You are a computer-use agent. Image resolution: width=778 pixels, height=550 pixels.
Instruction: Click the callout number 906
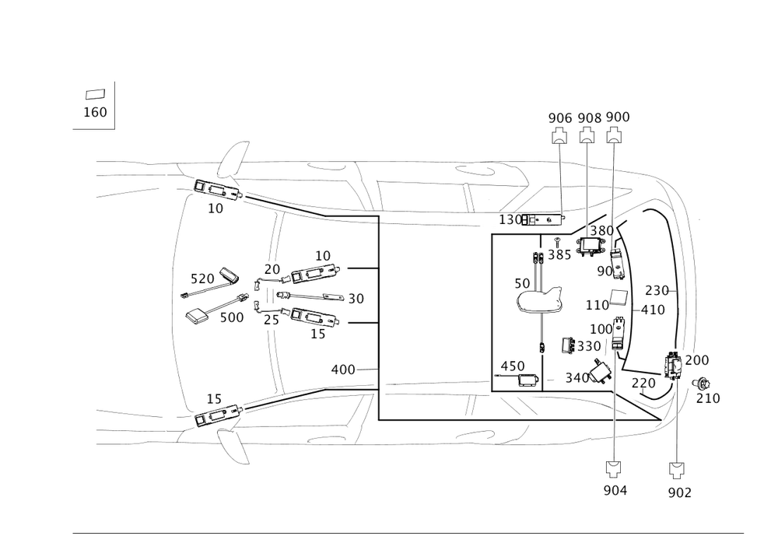[x=560, y=117]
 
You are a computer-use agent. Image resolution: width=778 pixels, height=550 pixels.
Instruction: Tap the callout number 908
[x=590, y=117]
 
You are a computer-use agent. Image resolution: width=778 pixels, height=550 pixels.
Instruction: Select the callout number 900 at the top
[x=618, y=117]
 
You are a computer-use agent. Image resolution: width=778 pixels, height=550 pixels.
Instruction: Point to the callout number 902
[x=679, y=492]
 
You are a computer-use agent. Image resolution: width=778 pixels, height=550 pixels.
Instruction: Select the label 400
[x=343, y=370]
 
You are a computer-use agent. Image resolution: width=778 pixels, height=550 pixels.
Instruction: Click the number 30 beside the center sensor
[x=356, y=298]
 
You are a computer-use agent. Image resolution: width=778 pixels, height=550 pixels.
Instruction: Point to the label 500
[x=231, y=317]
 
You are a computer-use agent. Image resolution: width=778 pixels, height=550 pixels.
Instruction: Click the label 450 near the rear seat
[x=512, y=366]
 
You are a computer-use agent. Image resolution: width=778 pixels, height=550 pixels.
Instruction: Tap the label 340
[x=577, y=378]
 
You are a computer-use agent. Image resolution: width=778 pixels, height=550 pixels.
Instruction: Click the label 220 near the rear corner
[x=643, y=383]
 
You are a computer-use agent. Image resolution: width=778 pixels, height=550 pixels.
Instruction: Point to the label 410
[x=652, y=309]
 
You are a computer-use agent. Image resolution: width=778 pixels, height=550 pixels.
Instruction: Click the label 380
[x=601, y=231]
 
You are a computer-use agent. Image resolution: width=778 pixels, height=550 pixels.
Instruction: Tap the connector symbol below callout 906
[x=559, y=137]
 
